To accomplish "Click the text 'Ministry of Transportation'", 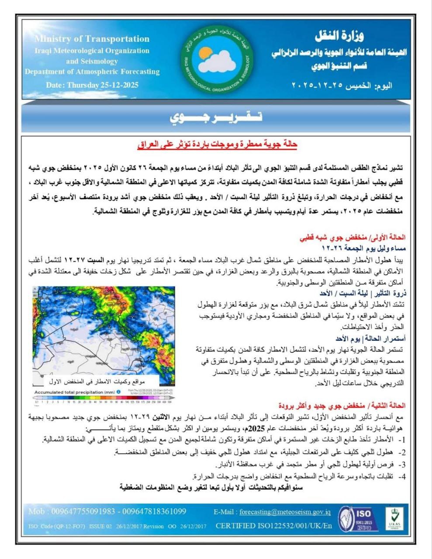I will [92, 39].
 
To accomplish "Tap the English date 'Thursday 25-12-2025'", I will [102, 85].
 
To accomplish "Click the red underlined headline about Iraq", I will [217, 145].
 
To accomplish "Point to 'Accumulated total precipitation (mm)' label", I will [75, 392].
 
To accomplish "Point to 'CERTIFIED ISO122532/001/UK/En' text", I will [273, 526].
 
